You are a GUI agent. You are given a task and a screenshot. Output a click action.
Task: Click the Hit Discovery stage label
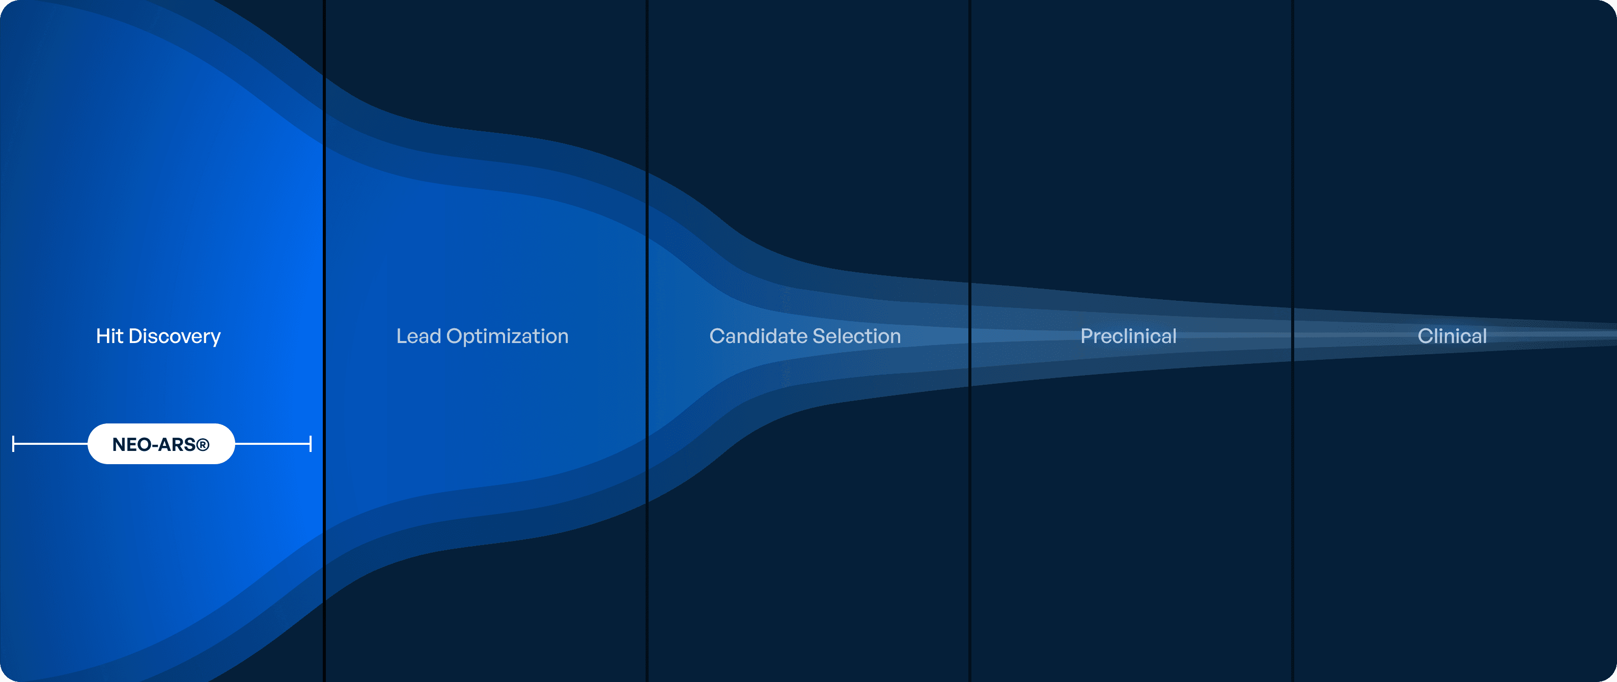pyautogui.click(x=158, y=337)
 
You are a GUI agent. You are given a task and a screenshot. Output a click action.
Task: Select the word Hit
pyautogui.click(x=109, y=336)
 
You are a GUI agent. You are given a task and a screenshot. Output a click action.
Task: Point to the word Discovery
pyautogui.click(x=175, y=337)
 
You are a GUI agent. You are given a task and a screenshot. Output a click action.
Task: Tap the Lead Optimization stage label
pyautogui.click(x=482, y=337)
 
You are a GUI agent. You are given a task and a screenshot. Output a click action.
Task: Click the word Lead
pyautogui.click(x=419, y=336)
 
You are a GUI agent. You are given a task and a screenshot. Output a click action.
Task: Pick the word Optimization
pyautogui.click(x=507, y=337)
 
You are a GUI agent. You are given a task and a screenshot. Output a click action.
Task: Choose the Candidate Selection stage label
pyautogui.click(x=805, y=336)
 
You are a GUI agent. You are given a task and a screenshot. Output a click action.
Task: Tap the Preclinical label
pyautogui.click(x=1128, y=336)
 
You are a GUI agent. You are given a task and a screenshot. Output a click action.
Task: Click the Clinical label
pyautogui.click(x=1452, y=336)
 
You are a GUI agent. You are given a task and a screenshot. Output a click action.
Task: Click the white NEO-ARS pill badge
pyautogui.click(x=161, y=444)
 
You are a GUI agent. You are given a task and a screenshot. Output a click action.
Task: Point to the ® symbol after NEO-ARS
pyautogui.click(x=202, y=445)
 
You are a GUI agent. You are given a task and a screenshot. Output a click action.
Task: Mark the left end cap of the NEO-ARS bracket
pyautogui.click(x=13, y=444)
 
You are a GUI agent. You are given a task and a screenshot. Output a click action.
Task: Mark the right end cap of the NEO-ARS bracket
pyautogui.click(x=310, y=444)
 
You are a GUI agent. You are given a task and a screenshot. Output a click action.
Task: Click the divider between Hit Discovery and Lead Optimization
pyautogui.click(x=324, y=340)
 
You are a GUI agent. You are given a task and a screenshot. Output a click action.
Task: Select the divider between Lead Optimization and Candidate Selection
pyautogui.click(x=647, y=340)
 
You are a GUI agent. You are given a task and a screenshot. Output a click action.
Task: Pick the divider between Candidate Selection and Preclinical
pyautogui.click(x=970, y=340)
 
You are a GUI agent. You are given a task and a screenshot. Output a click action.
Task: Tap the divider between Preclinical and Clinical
pyautogui.click(x=1293, y=340)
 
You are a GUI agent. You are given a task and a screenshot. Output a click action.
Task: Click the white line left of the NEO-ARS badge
pyautogui.click(x=51, y=444)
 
